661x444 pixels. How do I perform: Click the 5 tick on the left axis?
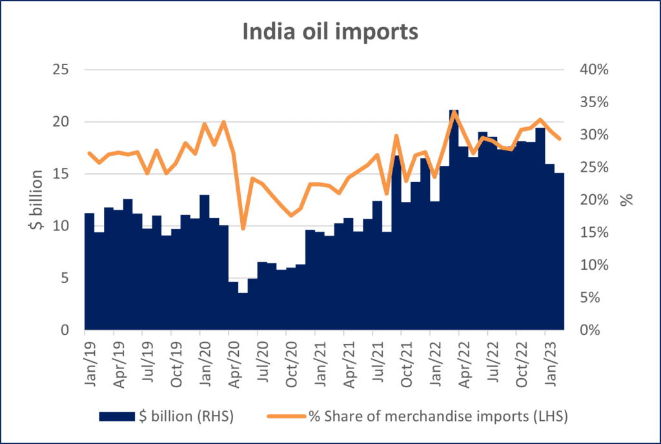point(63,278)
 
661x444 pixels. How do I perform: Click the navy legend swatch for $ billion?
point(117,417)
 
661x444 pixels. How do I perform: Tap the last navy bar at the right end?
point(560,252)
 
